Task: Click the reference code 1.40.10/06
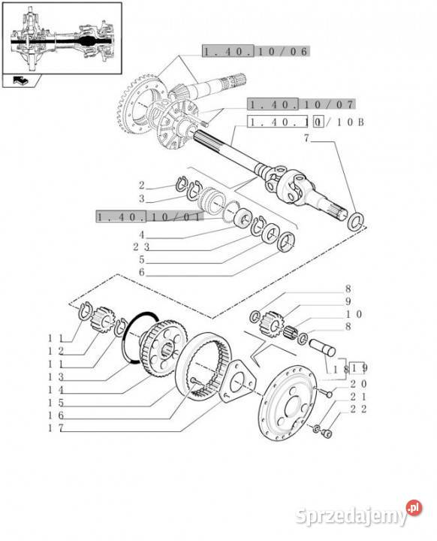pos(255,51)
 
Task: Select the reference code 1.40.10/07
pos(301,104)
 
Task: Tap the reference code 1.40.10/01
pos(149,216)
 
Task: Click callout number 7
pos(306,138)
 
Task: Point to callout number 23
pos(141,246)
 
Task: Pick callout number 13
pos(56,376)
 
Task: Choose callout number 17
pos(56,428)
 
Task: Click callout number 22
pos(359,409)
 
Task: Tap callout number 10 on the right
pos(354,314)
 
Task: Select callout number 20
pos(359,384)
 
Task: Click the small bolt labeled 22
pos(327,434)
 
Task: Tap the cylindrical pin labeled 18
pos(322,348)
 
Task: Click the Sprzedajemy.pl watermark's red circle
pos(414,508)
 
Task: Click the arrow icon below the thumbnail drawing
pos(21,80)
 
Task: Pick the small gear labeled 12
pos(102,319)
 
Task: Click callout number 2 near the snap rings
pos(141,186)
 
